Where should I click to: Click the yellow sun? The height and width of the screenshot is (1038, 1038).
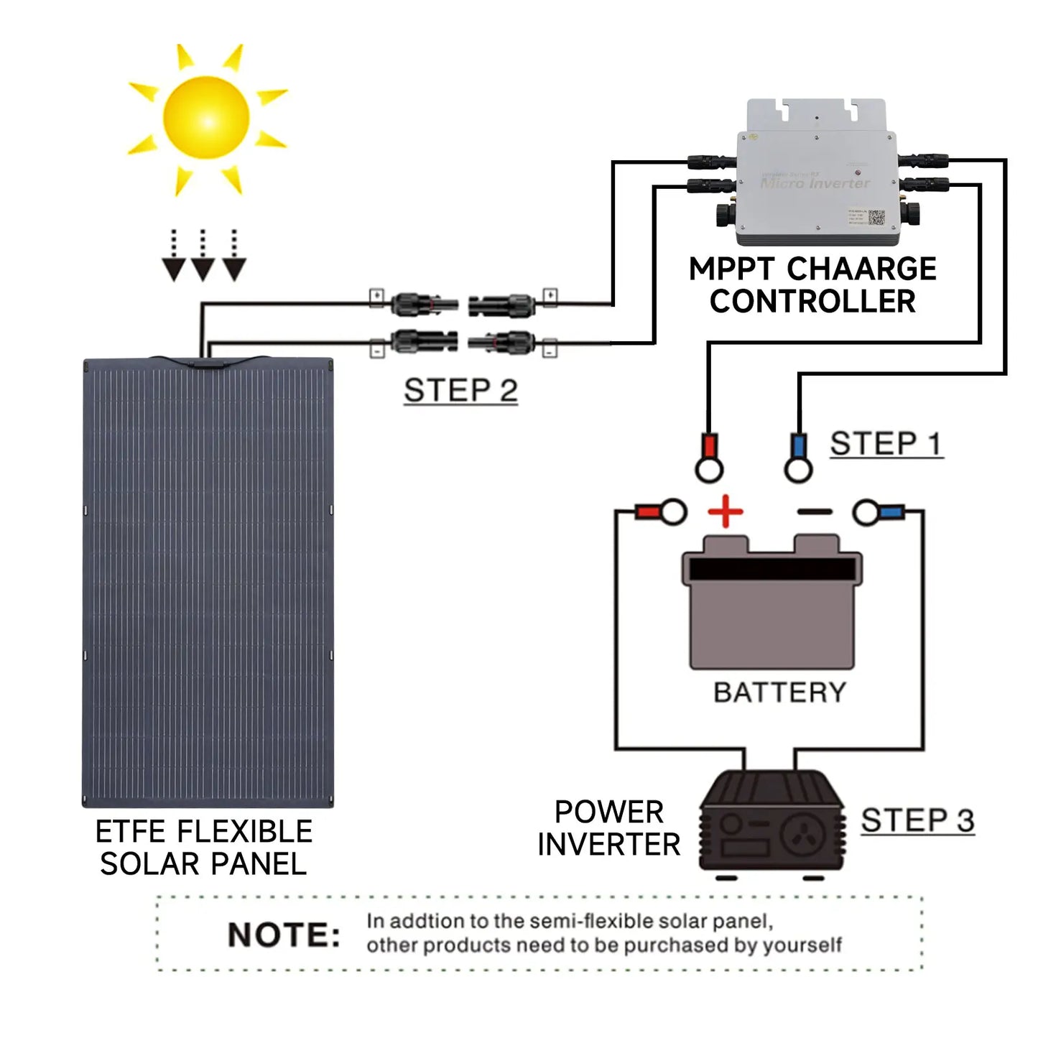click(206, 118)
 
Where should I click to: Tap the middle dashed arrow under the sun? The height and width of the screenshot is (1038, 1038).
click(203, 256)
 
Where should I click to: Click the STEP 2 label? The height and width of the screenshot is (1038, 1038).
click(460, 391)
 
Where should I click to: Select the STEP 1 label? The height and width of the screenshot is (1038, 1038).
click(885, 444)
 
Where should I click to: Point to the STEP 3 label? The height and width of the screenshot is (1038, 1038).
click(917, 820)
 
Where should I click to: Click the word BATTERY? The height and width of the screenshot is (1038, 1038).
click(779, 692)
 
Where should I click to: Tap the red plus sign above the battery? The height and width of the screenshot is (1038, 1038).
click(726, 511)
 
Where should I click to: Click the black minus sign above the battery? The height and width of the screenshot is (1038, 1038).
click(815, 512)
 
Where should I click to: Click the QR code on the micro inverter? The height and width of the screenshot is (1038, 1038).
click(876, 217)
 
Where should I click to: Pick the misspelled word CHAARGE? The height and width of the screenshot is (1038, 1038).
click(861, 269)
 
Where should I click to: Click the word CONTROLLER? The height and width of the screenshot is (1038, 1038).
click(812, 302)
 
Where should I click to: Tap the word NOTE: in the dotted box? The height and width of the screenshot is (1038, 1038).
click(284, 935)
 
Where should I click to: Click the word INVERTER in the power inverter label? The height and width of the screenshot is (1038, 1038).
click(608, 845)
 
